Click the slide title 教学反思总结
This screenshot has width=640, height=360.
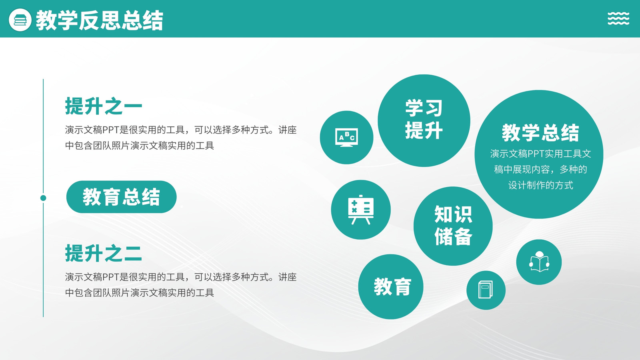pos(100,20)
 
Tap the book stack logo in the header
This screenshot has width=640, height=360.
pos(20,20)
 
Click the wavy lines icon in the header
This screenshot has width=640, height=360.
pos(618,18)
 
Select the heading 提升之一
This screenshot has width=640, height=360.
pos(104,106)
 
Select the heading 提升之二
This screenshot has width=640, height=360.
pos(104,253)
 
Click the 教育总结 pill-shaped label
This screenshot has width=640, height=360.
pos(122,197)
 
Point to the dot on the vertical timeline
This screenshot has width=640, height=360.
pos(43,198)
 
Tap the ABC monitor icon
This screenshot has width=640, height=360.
pos(346,138)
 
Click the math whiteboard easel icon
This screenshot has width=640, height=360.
pos(361,210)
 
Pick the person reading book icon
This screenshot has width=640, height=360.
pos(539,262)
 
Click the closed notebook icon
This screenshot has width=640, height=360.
pos(486,290)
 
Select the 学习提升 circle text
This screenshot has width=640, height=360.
pos(424,119)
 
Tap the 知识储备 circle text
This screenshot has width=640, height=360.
pos(453,226)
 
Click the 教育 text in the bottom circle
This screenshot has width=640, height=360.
pos(392,286)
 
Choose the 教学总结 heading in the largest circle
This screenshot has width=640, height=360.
pos(540,133)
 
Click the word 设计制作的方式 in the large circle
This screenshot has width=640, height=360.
pos(540,185)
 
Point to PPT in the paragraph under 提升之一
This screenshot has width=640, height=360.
pos(110,130)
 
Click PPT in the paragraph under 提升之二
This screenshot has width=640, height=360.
pos(110,277)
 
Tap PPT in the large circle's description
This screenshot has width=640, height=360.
pos(536,154)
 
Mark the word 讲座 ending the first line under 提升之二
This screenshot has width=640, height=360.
pos(288,277)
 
